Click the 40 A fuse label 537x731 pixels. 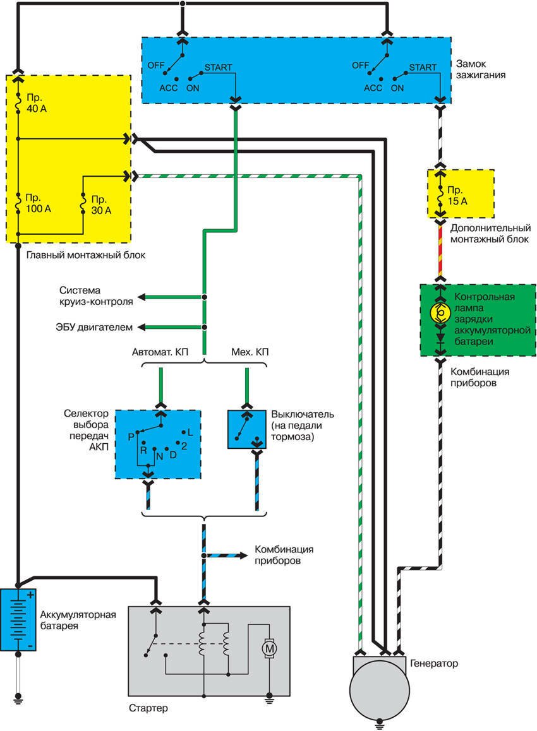pyautogui.click(x=37, y=104)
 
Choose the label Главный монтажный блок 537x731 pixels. pyautogui.click(x=86, y=256)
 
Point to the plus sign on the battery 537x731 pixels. pyautogui.click(x=29, y=595)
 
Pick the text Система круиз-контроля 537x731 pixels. pyautogui.click(x=96, y=296)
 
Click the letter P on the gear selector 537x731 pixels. pyautogui.click(x=130, y=436)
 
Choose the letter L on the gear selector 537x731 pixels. pyautogui.click(x=190, y=432)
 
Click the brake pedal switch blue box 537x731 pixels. pyautogui.click(x=247, y=429)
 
